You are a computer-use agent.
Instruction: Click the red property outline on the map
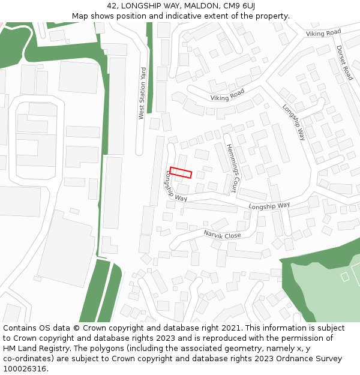coord(181,172)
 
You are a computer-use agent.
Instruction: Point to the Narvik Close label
coord(222,234)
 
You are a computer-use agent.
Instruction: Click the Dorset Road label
coord(344,63)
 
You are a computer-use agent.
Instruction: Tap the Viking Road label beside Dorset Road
coord(323,33)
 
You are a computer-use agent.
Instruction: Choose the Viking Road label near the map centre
coord(227,95)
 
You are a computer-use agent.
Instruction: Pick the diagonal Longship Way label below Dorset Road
coord(294,122)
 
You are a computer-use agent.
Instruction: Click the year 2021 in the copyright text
coord(230,328)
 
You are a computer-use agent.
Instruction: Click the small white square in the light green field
coord(344,277)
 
